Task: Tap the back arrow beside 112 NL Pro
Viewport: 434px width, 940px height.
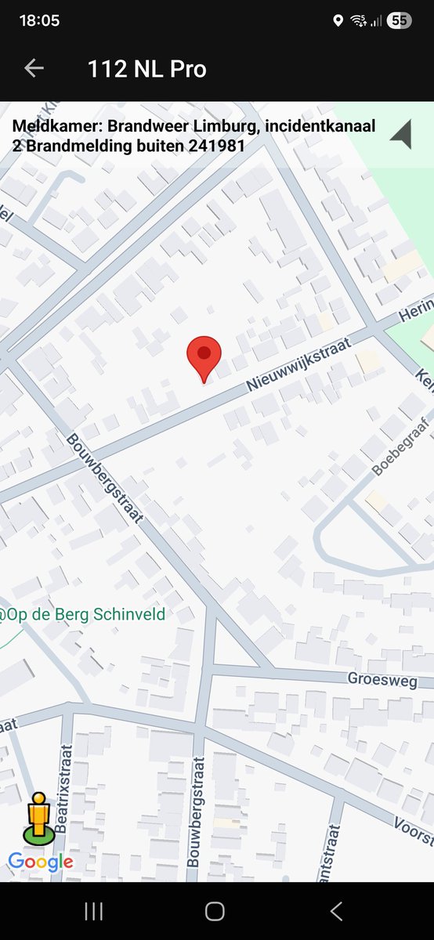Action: coord(34,68)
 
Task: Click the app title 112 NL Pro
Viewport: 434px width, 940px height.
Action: coord(147,69)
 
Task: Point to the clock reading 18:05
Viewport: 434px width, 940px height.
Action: coord(39,20)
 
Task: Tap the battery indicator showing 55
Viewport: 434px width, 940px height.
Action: coord(399,21)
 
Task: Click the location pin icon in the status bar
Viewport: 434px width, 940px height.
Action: coord(338,21)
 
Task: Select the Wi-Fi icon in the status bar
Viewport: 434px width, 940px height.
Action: coord(359,21)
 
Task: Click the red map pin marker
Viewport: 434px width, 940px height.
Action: coord(204,357)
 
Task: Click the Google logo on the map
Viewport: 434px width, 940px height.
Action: coord(41,862)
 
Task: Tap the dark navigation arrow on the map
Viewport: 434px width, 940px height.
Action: coord(402,134)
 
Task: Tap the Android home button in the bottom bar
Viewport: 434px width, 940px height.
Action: coord(215,910)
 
